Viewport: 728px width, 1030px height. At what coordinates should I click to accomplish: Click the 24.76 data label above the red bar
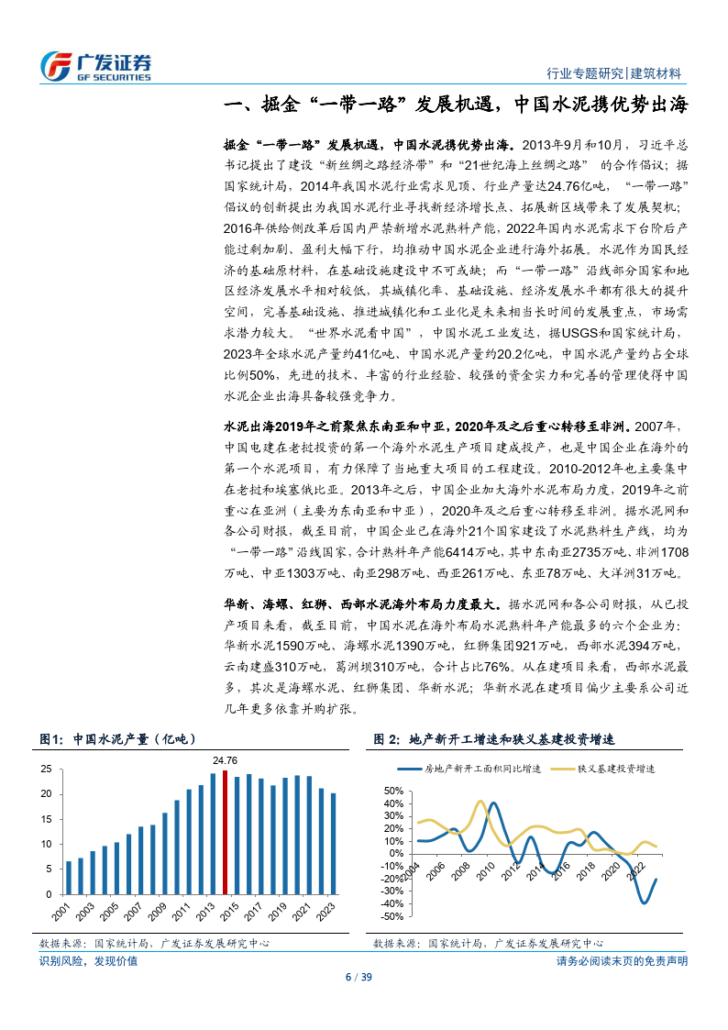pos(225,760)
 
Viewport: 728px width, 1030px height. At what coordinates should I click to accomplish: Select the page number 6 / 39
pos(363,976)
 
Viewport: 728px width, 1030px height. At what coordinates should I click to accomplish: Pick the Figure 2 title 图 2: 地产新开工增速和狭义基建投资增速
pos(494,739)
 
